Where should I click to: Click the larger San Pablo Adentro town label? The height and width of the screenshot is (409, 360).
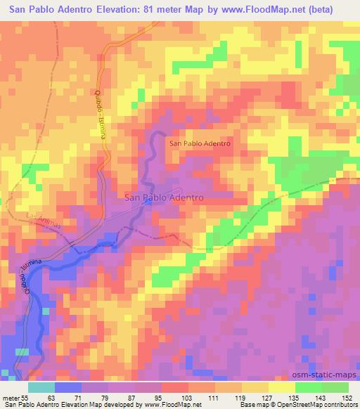164,198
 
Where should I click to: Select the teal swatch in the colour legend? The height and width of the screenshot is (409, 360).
41,387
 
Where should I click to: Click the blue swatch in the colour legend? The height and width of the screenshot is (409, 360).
68,387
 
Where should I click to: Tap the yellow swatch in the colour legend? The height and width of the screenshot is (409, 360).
281,387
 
